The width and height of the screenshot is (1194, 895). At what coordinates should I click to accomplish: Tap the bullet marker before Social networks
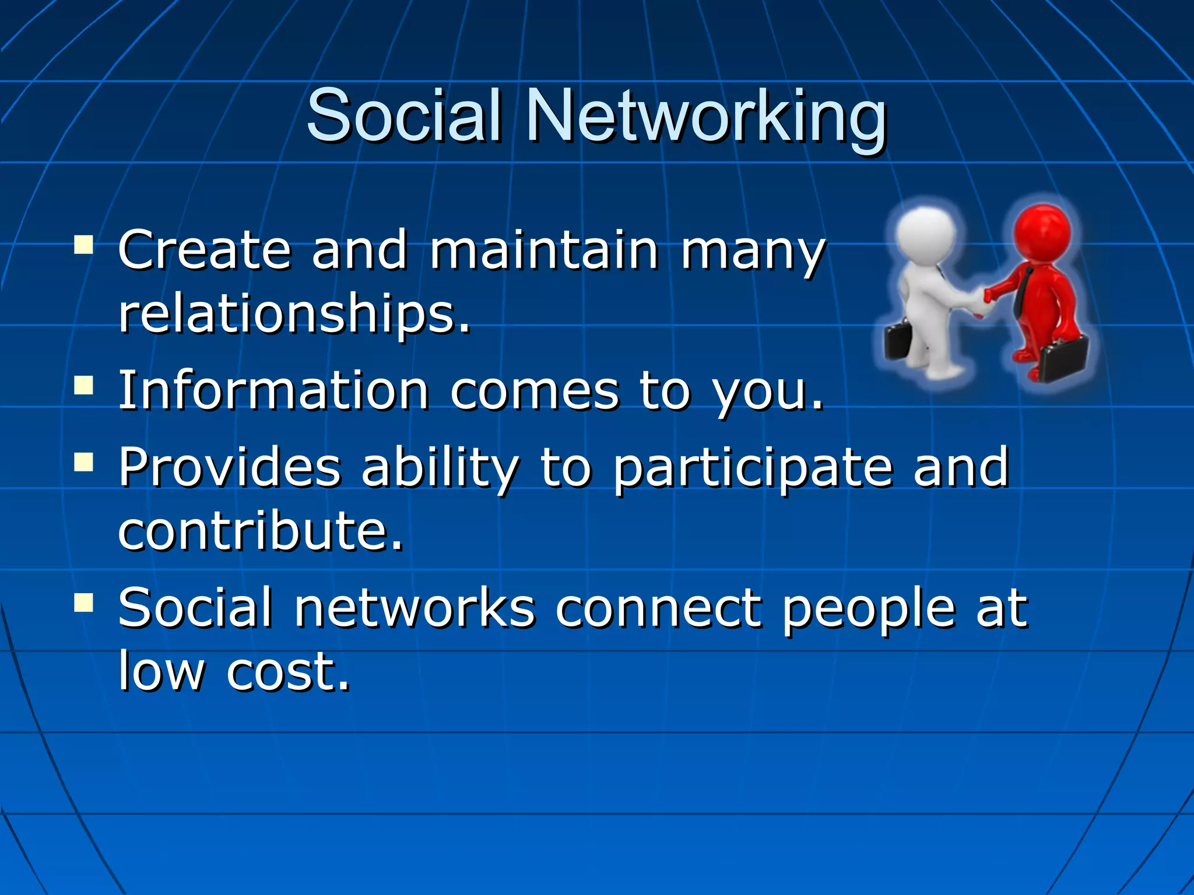84,602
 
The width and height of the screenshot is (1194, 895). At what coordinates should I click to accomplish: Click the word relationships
293,315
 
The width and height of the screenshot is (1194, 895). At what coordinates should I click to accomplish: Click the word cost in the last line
288,671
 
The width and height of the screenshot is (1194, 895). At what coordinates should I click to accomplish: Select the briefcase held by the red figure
1064,357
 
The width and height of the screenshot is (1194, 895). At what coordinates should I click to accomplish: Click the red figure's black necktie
1021,291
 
